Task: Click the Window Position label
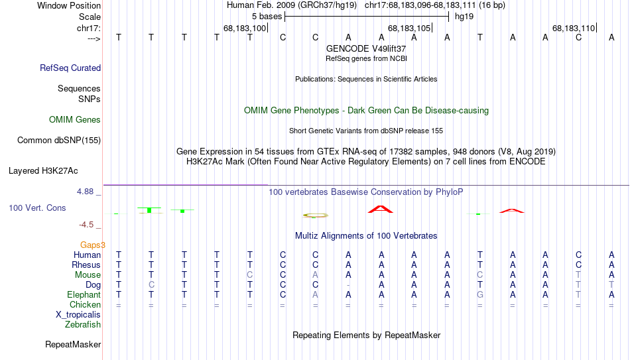(x=69, y=5)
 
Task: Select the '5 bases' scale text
(x=267, y=17)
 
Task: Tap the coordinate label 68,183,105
(x=409, y=28)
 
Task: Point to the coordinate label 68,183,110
(x=574, y=28)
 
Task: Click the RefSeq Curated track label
(x=70, y=68)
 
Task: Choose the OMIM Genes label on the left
(x=75, y=120)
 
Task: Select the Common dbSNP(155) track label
(x=59, y=141)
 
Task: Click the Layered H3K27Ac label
(x=43, y=171)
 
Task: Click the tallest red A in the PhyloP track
(x=381, y=209)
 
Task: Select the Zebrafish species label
(x=83, y=325)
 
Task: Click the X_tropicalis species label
(x=78, y=315)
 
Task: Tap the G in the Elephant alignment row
(x=479, y=295)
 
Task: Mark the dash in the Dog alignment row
(x=348, y=285)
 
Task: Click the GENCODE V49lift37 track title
(x=366, y=48)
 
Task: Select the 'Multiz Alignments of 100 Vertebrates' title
(x=366, y=236)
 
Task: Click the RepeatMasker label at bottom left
(x=73, y=345)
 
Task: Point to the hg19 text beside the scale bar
(x=464, y=17)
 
